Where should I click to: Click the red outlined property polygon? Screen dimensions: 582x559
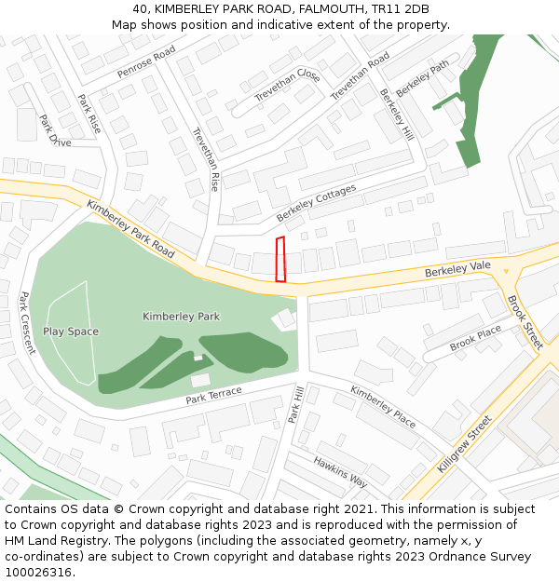(x=280, y=259)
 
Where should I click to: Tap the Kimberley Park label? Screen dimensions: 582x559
(x=181, y=317)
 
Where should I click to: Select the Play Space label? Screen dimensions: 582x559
(x=71, y=332)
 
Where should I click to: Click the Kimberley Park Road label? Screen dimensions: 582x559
(x=130, y=228)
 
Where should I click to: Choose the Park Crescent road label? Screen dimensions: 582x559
(x=27, y=323)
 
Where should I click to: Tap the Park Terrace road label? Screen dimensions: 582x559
(x=213, y=395)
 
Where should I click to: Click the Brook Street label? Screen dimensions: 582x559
(x=525, y=322)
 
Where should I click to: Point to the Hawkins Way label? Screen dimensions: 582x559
(x=340, y=473)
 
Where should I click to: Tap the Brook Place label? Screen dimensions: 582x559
(x=475, y=338)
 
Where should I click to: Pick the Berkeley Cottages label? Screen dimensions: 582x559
(x=316, y=203)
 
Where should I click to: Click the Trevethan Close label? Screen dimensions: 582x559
(x=288, y=87)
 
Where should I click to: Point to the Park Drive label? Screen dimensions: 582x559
(x=55, y=130)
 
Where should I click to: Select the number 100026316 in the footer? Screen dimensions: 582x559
(x=38, y=573)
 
